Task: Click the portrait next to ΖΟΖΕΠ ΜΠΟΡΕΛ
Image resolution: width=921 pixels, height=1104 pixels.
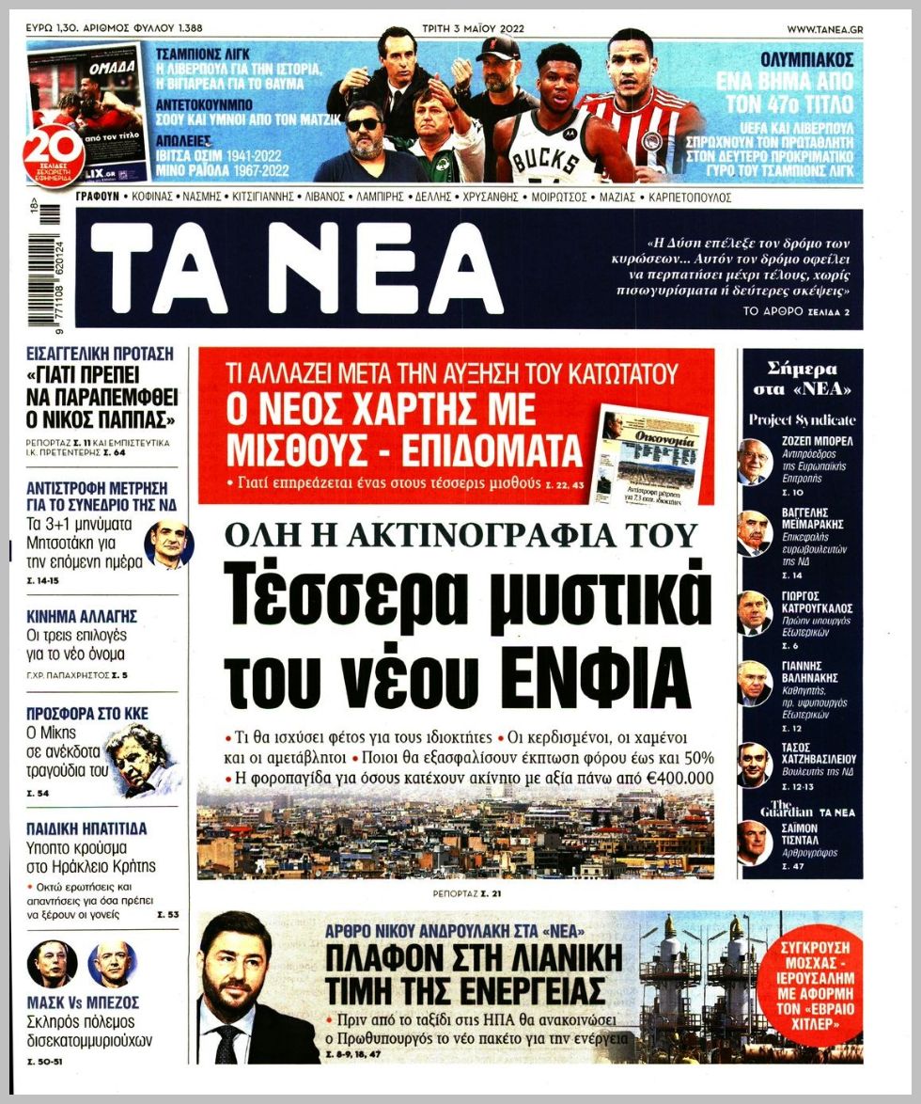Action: coord(754,462)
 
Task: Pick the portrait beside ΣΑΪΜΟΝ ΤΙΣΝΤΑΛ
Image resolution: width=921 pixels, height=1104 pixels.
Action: coord(754,843)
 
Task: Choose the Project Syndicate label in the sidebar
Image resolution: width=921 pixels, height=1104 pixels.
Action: coord(802,419)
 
